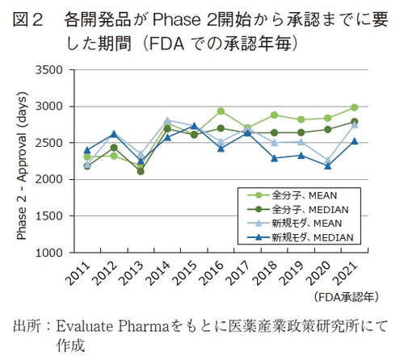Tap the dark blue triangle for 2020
[327, 165]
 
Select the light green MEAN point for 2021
[354, 107]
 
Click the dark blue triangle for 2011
[87, 150]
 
